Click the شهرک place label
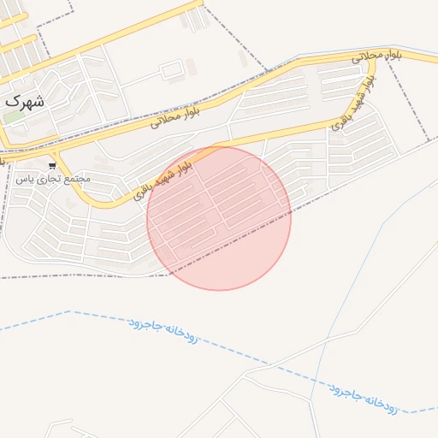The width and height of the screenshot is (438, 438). click(x=24, y=99)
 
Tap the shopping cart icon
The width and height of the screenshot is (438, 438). click(x=52, y=166)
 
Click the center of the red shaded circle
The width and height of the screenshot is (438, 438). click(x=219, y=218)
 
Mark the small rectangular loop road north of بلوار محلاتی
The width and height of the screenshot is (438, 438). click(x=172, y=68)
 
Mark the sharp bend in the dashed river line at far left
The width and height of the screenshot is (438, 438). click(x=70, y=311)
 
